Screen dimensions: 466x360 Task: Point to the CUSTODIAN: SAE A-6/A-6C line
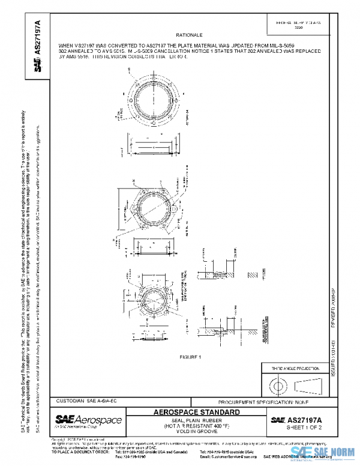click(87, 400)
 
